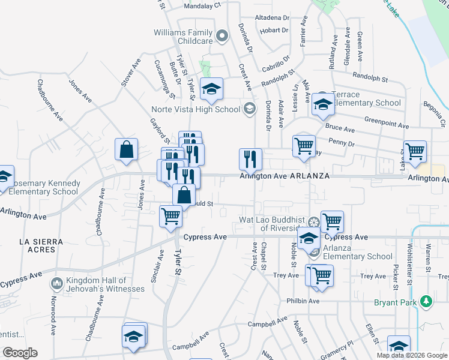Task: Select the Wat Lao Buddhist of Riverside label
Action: pos(272,223)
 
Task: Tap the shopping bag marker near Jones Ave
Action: pos(127,151)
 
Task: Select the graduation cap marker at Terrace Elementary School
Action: pos(323,105)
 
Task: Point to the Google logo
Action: pos(20,353)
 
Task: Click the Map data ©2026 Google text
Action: pos(411,355)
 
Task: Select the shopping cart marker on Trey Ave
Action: pos(322,275)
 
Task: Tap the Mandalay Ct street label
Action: pos(202,4)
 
